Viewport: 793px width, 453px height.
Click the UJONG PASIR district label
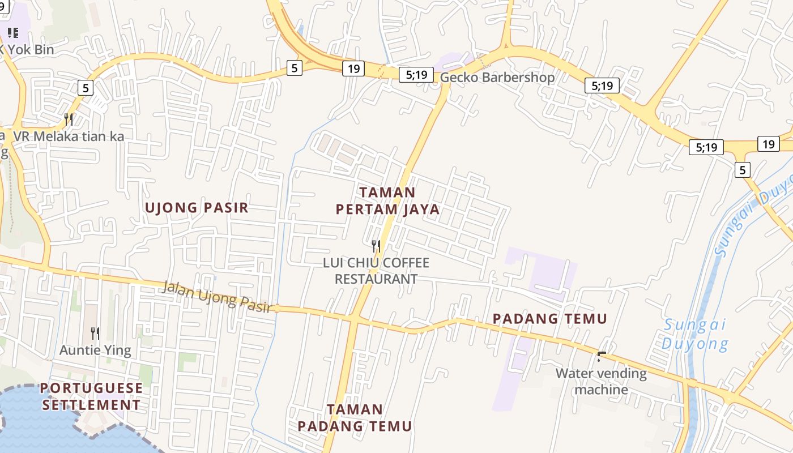pyautogui.click(x=197, y=208)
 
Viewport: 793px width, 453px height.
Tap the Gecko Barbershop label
pyautogui.click(x=497, y=78)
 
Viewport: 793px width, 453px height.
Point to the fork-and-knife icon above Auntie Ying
pyautogui.click(x=95, y=334)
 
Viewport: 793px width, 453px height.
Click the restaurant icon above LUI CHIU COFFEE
pyautogui.click(x=376, y=246)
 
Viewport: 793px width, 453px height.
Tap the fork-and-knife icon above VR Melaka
pyautogui.click(x=69, y=119)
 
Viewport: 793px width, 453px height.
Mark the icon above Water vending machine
pyautogui.click(x=602, y=357)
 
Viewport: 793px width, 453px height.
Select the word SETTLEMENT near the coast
pyautogui.click(x=91, y=405)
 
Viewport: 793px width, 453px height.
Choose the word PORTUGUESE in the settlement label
pyautogui.click(x=91, y=388)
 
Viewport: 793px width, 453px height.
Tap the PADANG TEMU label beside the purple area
pyautogui.click(x=549, y=319)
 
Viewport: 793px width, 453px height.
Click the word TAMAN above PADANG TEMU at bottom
pyautogui.click(x=355, y=409)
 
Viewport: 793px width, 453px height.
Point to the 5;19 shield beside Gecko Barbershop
pyautogui.click(x=416, y=75)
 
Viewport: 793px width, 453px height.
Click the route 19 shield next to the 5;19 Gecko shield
pyautogui.click(x=353, y=69)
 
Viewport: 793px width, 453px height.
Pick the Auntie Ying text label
pyautogui.click(x=95, y=351)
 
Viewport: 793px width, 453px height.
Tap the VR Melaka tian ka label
pyautogui.click(x=69, y=136)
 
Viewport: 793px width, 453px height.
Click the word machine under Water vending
pyautogui.click(x=602, y=390)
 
